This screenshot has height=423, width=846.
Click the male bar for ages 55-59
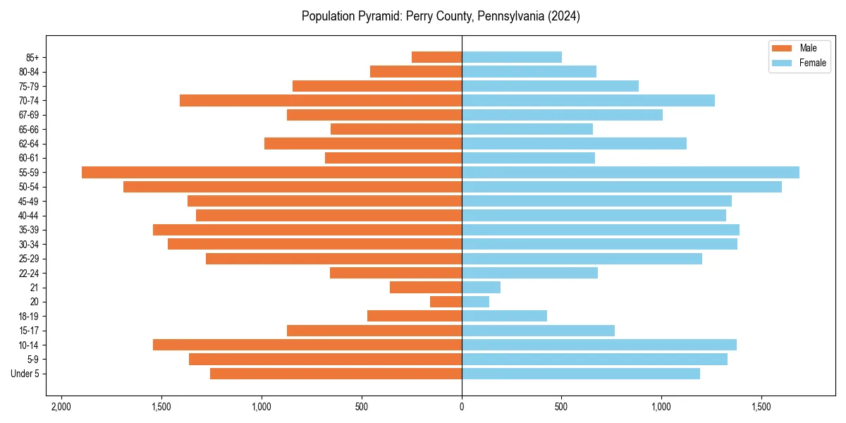[271, 173]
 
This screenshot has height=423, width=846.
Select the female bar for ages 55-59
[630, 173]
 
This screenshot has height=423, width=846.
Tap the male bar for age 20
[446, 302]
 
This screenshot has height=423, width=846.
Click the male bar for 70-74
[321, 101]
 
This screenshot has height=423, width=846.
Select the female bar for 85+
[512, 58]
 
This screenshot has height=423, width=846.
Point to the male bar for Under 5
[336, 374]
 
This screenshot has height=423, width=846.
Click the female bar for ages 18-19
[504, 317]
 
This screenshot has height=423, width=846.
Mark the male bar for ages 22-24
[396, 273]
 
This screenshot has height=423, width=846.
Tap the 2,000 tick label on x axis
[61, 407]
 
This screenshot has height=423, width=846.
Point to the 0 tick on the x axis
[462, 407]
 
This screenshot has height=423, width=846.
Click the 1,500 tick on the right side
[761, 407]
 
